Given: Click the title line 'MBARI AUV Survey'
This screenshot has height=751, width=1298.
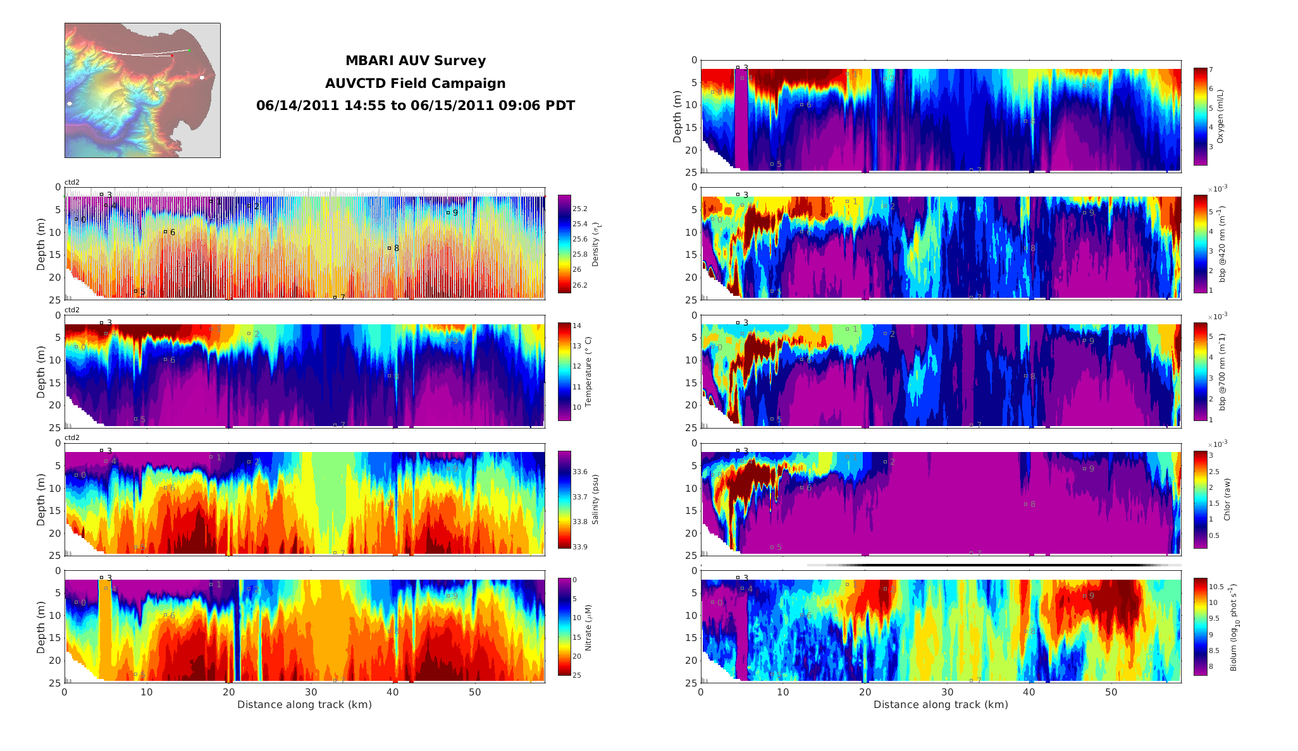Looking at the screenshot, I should point(415,61).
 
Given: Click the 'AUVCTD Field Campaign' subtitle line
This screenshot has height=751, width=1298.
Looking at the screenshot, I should point(415,83).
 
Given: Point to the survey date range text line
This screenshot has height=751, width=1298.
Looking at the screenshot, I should point(415,106).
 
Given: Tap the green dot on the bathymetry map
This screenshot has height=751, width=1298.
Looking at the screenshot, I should point(189,50).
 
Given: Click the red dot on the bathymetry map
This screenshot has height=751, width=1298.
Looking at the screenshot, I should point(172,56).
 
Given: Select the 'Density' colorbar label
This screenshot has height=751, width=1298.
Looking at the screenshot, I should point(595,244).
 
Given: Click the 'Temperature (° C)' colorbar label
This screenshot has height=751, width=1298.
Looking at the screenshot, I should point(588,372).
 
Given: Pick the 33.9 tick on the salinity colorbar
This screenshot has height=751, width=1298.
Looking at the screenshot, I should point(579,547).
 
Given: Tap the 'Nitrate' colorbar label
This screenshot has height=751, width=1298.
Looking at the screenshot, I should point(588,628).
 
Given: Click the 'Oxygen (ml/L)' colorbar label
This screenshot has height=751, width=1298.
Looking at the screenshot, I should point(1220,117).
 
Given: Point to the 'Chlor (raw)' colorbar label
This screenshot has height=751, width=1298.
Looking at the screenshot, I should point(1227,499).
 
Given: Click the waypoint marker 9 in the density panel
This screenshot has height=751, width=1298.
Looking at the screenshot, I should point(448,212).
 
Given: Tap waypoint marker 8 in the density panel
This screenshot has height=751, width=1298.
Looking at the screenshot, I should point(389,248).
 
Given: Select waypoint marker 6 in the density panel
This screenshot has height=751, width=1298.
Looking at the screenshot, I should point(165,232).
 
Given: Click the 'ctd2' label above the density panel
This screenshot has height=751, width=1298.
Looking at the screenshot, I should point(72,182).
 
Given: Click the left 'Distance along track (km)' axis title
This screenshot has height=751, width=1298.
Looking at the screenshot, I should point(304,705).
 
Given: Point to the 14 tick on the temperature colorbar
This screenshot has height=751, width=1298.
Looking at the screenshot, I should point(577,326).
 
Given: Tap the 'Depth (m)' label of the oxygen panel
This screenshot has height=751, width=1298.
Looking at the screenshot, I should point(677,116).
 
